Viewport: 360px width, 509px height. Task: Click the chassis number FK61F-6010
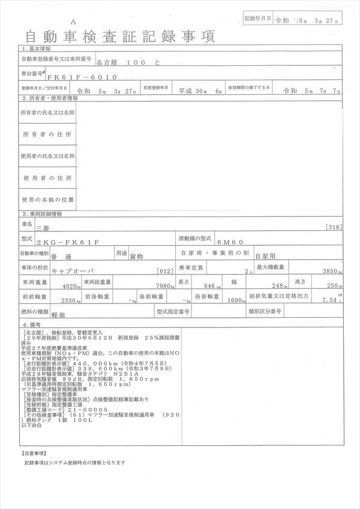click(x=83, y=77)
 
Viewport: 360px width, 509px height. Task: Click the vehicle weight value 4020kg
click(x=68, y=286)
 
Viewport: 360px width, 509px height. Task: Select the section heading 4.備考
click(x=32, y=324)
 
